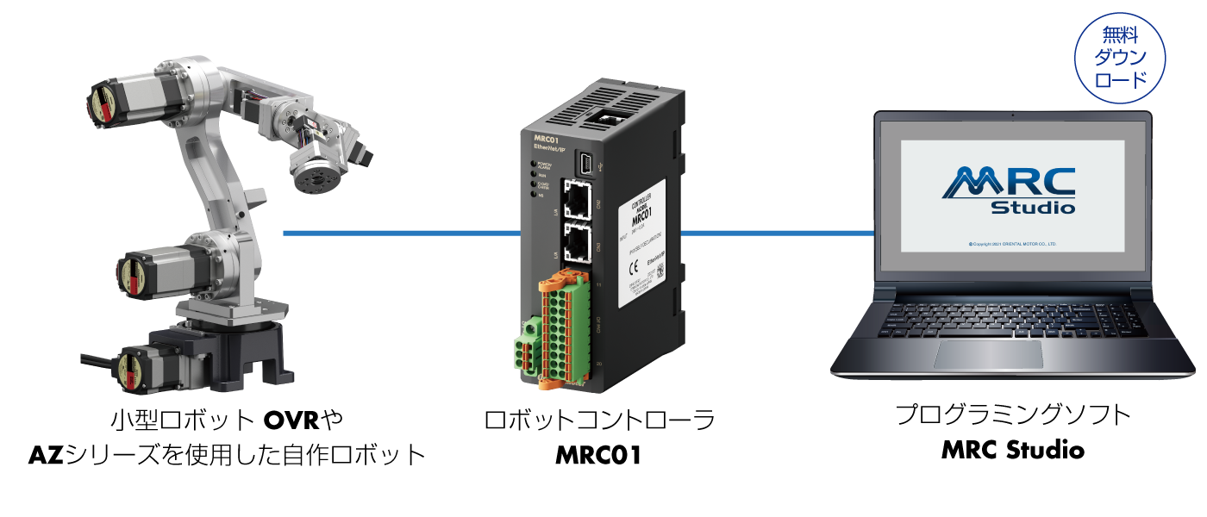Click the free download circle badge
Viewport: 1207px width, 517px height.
[1120, 59]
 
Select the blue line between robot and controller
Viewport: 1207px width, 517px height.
[402, 233]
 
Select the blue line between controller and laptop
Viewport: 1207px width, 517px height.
[776, 233]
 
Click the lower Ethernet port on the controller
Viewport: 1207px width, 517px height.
[578, 242]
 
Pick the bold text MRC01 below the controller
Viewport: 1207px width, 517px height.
[599, 454]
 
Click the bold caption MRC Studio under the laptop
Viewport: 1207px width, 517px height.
[1012, 449]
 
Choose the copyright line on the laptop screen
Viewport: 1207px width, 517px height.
[1012, 244]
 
